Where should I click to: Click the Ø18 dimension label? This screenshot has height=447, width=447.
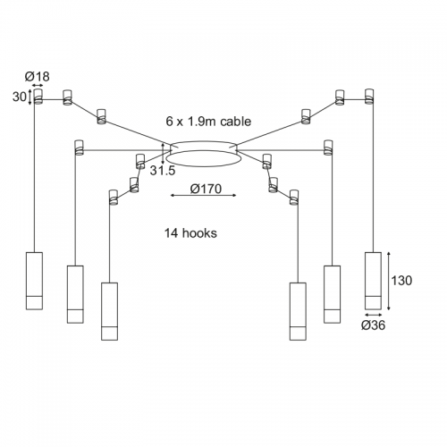[37, 77]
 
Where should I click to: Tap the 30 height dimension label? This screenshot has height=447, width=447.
[20, 97]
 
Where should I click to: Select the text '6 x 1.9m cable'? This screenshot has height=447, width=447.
[208, 122]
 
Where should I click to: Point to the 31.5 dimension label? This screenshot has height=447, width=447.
[163, 170]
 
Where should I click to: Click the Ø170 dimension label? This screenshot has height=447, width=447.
[206, 189]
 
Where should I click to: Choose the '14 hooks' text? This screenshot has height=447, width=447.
[190, 233]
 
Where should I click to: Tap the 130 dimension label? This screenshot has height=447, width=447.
[401, 281]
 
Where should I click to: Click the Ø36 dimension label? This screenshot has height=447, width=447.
[373, 325]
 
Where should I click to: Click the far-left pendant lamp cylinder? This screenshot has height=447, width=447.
[34, 281]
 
